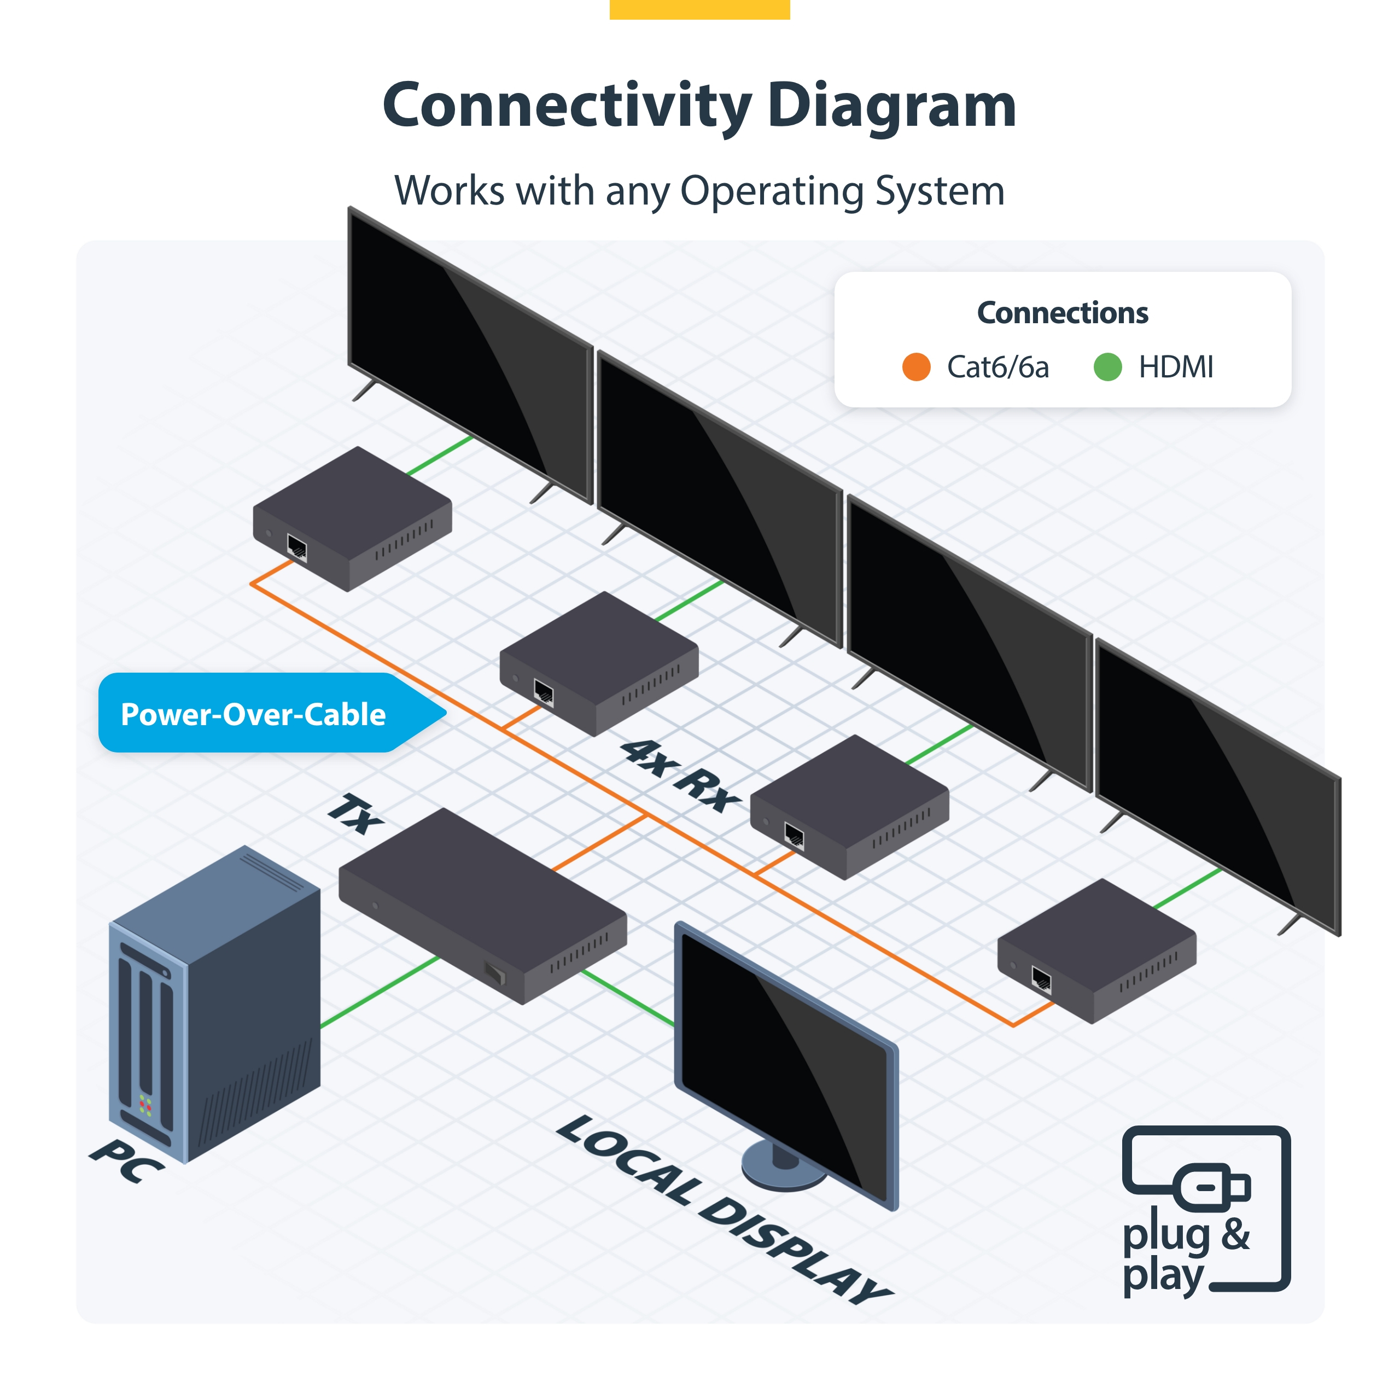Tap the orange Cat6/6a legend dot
click(916, 366)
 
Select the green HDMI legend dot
click(1107, 366)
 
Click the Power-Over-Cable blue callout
click(254, 714)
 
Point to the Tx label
click(355, 814)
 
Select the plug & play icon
click(1205, 1210)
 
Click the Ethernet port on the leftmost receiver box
click(297, 547)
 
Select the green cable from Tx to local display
click(627, 998)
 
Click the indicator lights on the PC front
click(145, 1106)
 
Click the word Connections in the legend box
click(1063, 313)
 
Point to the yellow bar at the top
click(699, 9)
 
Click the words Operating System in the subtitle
click(842, 191)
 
